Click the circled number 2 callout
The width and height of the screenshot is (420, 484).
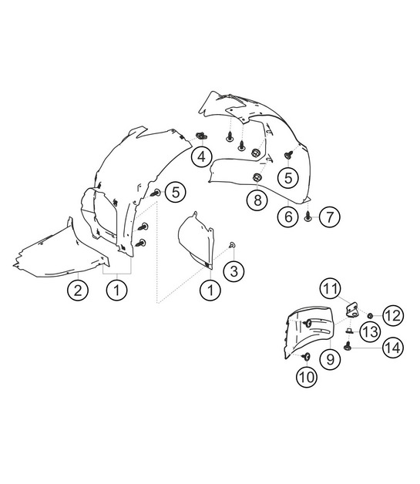78,290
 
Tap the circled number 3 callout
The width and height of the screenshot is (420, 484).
234,271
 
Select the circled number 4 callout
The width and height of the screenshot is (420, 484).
201,156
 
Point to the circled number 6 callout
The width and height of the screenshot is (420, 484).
288,217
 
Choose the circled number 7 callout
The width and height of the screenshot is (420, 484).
330,217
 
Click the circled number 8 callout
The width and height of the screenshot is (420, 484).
257,200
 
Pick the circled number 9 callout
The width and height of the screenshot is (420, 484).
330,359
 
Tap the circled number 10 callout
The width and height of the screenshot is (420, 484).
307,377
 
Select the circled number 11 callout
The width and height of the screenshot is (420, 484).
331,289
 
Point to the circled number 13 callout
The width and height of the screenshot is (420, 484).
371,332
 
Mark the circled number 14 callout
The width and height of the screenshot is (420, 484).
393,348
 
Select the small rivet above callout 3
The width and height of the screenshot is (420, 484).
232,245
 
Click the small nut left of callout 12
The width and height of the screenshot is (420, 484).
369,315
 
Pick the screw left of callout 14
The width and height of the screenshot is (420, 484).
348,346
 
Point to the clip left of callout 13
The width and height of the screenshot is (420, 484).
348,331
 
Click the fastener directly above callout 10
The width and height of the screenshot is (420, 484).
307,357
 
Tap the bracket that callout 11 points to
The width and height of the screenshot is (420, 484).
352,310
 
